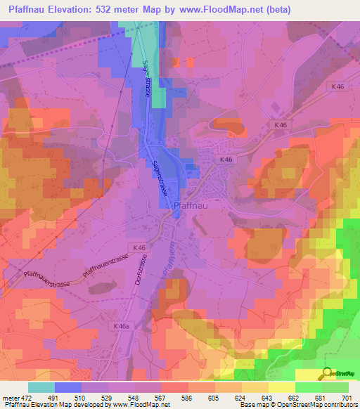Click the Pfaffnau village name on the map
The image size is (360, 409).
(191, 206)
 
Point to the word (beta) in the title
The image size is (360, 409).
(276, 10)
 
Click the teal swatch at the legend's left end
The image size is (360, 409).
(41, 387)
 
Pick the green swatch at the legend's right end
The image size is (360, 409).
(335, 387)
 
